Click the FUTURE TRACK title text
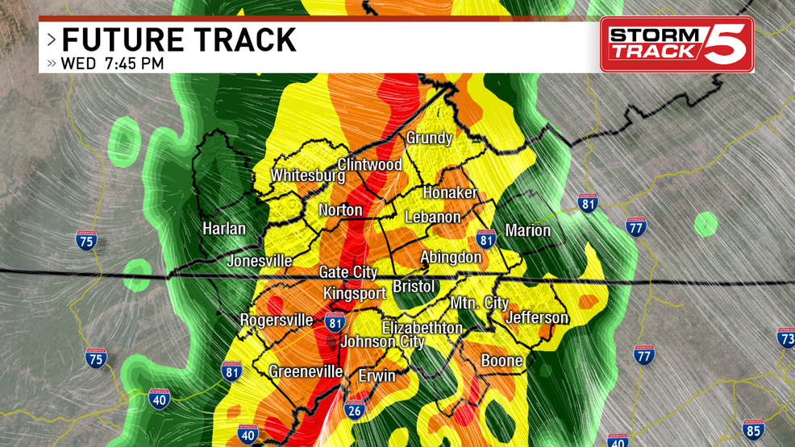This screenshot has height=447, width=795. coord(179,40)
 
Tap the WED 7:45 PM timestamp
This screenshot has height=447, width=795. coord(112,63)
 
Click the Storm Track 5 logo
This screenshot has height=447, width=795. coord(676,44)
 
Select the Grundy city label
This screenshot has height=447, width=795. coord(429,138)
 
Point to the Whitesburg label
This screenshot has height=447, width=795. coord(307,175)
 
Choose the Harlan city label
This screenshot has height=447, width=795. coord(224,229)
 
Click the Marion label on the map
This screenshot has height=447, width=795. coord(528,230)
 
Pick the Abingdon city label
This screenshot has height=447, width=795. coord(451,257)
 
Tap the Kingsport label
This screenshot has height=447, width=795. coord(355,293)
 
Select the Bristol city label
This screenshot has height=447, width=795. coord(414,287)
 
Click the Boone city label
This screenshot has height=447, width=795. coord(502,360)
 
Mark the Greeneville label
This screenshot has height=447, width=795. coord(306,371)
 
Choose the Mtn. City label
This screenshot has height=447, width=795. coord(479,303)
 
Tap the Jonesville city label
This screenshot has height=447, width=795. coord(259,260)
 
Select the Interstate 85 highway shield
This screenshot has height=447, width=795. coord(753,428)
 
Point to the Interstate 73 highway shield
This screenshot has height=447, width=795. coord(786,337)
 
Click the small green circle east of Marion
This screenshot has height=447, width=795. coord(706,224)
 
